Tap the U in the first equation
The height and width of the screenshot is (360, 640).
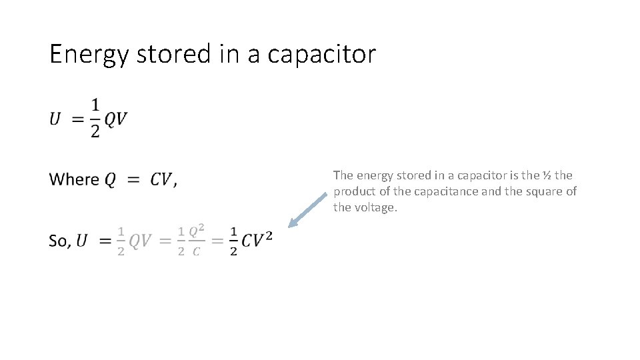(56, 119)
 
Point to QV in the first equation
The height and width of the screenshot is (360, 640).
(116, 119)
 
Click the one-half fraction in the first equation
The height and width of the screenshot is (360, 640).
(95, 118)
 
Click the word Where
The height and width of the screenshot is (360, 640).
(74, 179)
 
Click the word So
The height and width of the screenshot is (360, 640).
(59, 241)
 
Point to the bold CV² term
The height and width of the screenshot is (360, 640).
(257, 240)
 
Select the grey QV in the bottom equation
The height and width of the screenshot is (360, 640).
(140, 241)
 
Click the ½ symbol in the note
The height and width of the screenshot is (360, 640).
(546, 175)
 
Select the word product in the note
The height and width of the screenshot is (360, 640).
(353, 191)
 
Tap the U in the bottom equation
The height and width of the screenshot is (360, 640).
(81, 241)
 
